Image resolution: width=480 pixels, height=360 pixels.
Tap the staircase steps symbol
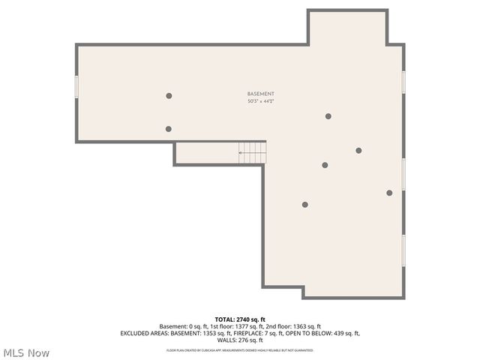coord(253,153)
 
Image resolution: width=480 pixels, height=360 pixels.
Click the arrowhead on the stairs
coord(240,154)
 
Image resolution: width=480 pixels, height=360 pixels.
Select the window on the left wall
coord(76,86)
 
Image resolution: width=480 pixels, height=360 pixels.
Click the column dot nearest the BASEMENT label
coord(328,116)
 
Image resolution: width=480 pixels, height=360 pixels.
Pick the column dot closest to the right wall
coord(389,193)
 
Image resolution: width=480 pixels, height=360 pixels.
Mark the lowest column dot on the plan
coord(304,205)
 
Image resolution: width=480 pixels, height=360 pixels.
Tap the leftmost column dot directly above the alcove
coord(168,129)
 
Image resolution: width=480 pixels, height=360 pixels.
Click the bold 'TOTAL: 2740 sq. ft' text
coord(240,319)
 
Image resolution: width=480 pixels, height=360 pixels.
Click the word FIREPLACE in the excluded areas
coord(253,333)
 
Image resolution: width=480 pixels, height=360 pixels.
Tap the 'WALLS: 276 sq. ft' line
coord(240,340)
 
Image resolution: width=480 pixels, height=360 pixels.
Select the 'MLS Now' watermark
coord(27,352)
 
